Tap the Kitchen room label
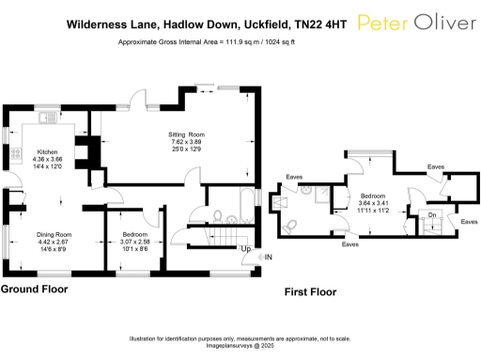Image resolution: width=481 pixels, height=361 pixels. coord(47,151)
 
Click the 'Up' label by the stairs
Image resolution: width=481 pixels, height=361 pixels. coord(245,249)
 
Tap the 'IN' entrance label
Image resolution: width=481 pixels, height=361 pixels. coord(269,257)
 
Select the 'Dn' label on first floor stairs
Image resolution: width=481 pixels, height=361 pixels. coord(431,214)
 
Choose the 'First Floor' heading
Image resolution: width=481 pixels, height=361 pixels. coord(310,293)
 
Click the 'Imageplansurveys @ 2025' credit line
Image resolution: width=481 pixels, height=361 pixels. coord(240,345)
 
